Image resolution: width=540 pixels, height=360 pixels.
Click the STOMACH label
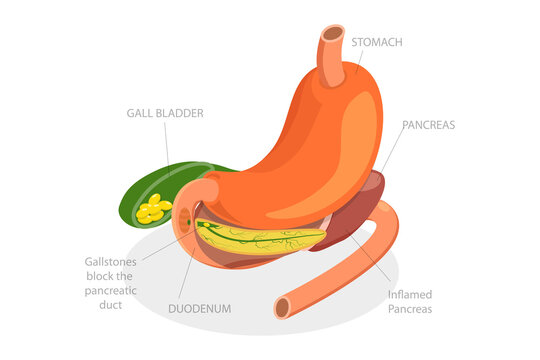[378, 42]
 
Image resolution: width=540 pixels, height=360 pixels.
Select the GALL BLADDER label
[165, 114]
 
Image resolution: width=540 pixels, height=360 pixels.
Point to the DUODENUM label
[198, 309]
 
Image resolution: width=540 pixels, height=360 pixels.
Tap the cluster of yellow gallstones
[153, 209]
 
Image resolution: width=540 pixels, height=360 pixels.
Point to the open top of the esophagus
[331, 34]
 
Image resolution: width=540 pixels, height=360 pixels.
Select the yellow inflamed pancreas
[260, 238]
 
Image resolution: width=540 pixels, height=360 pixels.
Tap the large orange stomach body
[310, 150]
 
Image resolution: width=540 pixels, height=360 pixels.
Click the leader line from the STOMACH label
[359, 62]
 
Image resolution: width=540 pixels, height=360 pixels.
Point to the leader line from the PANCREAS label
[391, 150]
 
